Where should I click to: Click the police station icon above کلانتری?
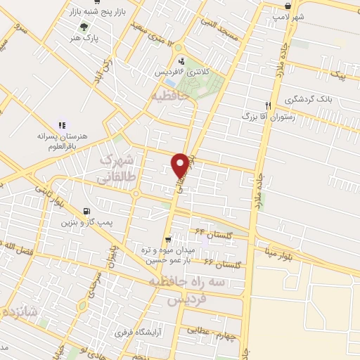point(182,60)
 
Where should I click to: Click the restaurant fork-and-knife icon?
point(267,103)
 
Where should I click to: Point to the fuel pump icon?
point(86,211)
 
